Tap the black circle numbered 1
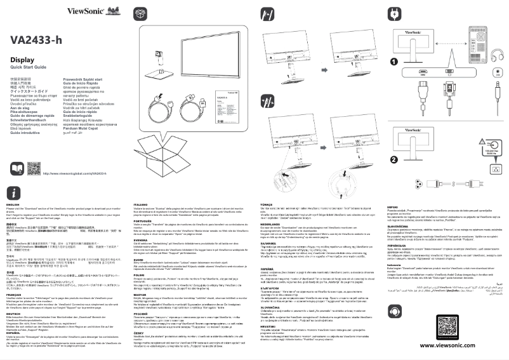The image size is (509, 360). click(393, 62)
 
